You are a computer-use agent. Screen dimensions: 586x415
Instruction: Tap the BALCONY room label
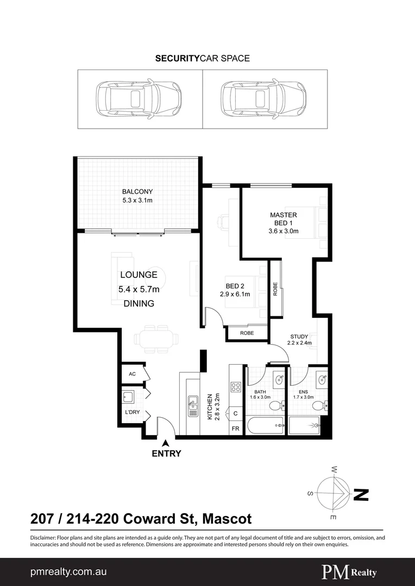click(137, 192)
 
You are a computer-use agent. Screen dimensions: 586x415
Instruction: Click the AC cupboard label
click(131, 374)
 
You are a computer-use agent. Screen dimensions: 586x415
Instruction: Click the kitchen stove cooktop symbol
click(236, 387)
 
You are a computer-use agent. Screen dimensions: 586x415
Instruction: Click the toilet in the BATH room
click(276, 405)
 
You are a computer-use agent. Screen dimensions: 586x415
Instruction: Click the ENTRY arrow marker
click(166, 443)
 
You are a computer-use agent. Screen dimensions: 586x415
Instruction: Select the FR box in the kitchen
click(236, 428)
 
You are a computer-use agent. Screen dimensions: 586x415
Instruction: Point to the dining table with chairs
click(156, 340)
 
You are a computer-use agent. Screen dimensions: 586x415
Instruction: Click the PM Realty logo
click(349, 572)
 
